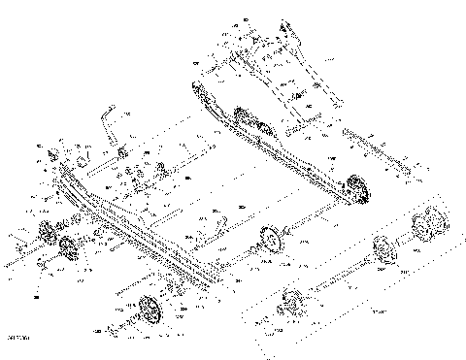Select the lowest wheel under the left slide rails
(149, 311)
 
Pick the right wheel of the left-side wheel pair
(67, 247)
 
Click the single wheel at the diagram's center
(269, 236)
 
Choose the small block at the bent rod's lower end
(122, 154)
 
